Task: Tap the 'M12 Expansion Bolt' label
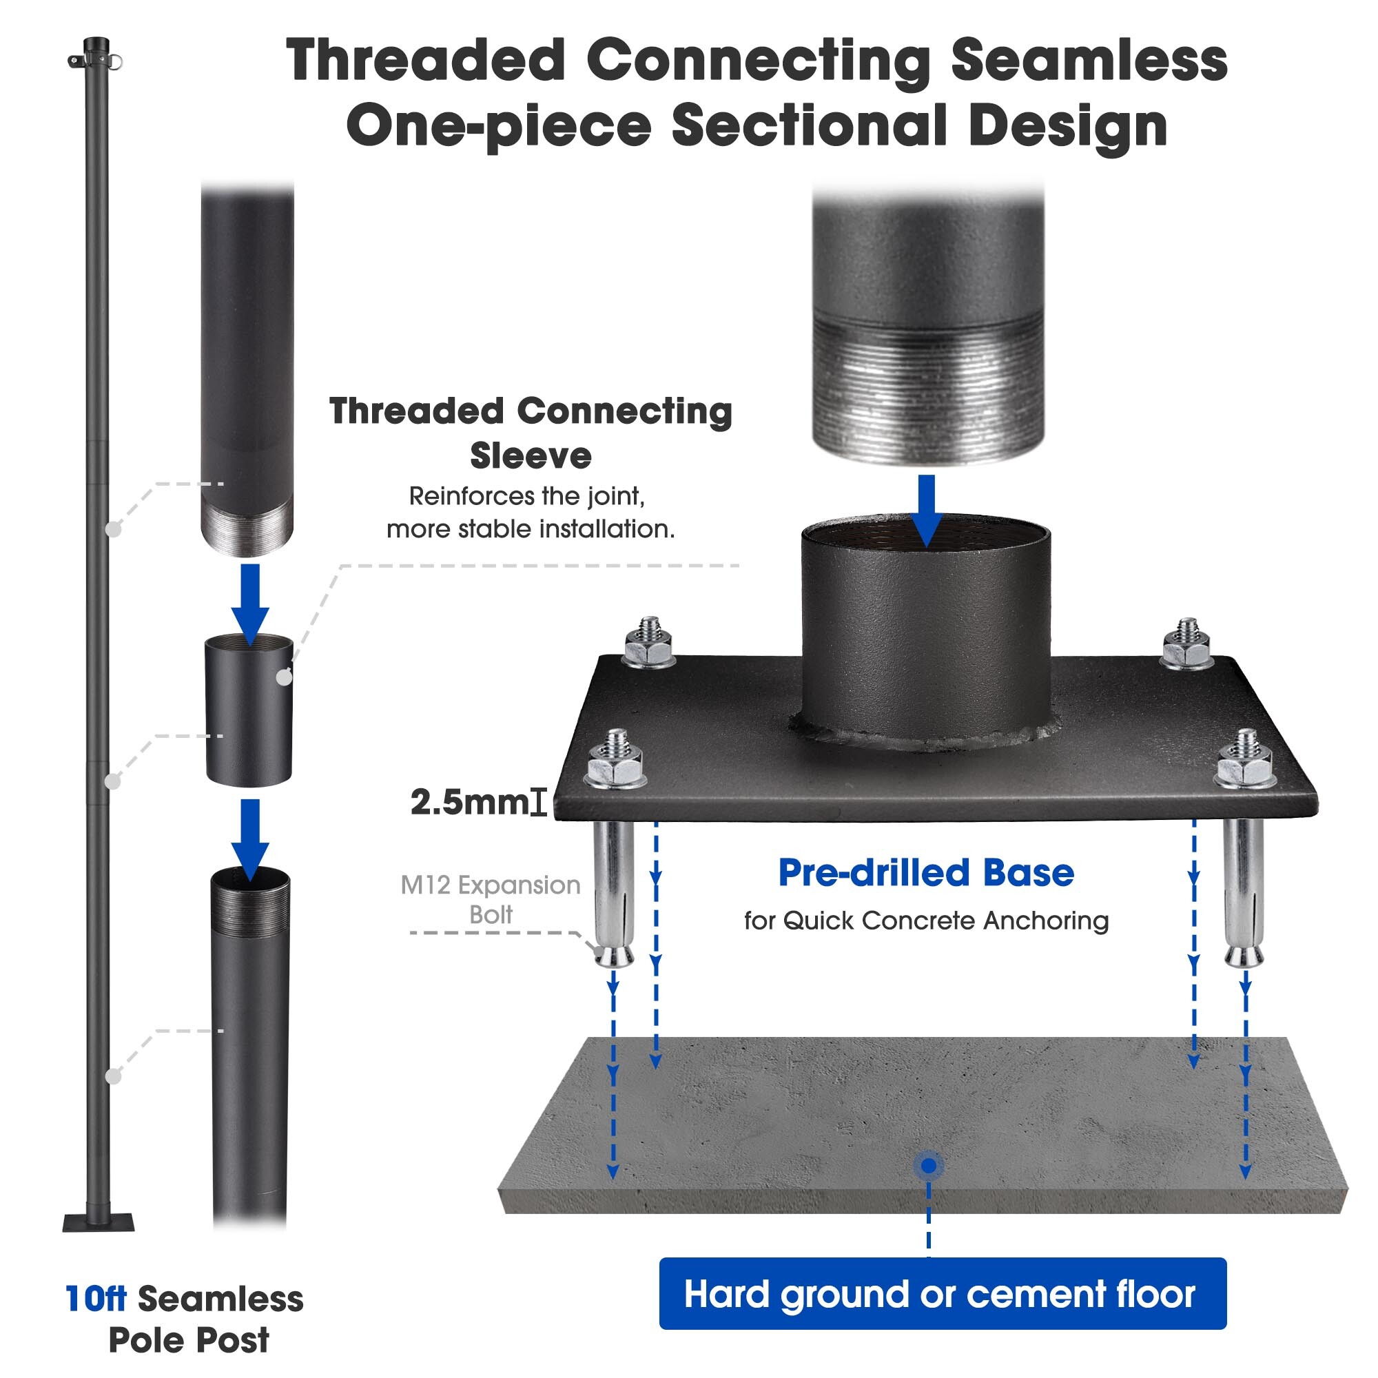point(491,898)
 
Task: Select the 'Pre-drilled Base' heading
point(926,873)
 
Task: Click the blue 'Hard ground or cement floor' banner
point(942,1294)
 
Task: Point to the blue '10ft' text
point(96,1299)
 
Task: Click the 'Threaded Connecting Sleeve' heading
point(531,433)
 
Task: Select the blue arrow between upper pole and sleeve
point(250,604)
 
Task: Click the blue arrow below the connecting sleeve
point(250,839)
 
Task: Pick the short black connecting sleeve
point(249,710)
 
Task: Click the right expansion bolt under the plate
point(1244,892)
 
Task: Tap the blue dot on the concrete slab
point(929,1166)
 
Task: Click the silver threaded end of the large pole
point(928,392)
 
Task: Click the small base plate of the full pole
point(99,1222)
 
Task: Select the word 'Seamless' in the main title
point(1089,61)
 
